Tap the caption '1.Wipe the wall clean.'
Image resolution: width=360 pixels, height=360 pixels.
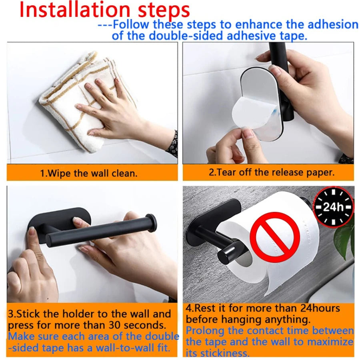(x=88, y=174)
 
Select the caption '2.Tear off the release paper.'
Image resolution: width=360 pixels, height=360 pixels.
(x=272, y=173)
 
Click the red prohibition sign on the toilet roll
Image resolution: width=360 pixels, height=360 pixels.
(x=275, y=237)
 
